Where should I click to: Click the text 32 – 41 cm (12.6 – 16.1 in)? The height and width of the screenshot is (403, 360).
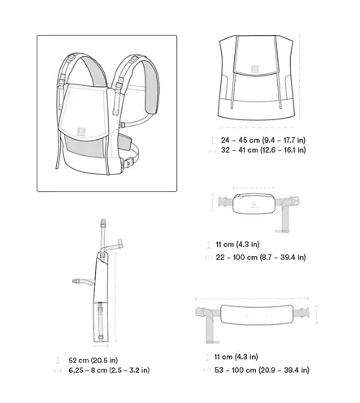263,150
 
